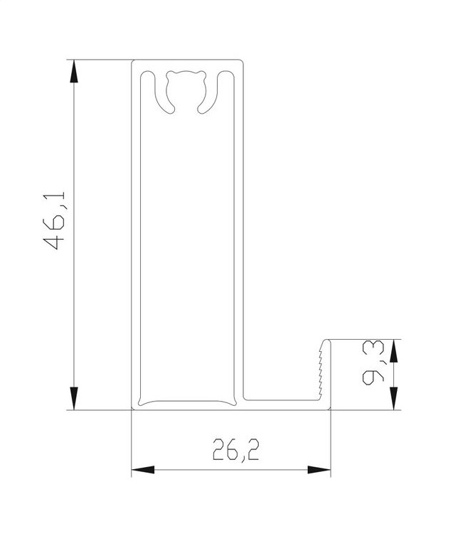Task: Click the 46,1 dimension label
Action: (54, 220)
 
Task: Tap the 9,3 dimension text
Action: (373, 363)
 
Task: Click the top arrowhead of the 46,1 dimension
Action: (74, 71)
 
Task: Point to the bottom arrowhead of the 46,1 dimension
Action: (74, 398)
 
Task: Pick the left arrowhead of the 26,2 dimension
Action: (143, 469)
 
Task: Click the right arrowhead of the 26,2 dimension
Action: (319, 469)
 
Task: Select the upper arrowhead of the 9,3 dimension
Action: (394, 350)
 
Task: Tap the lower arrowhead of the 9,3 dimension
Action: (394, 398)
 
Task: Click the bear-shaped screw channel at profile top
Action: (186, 90)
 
